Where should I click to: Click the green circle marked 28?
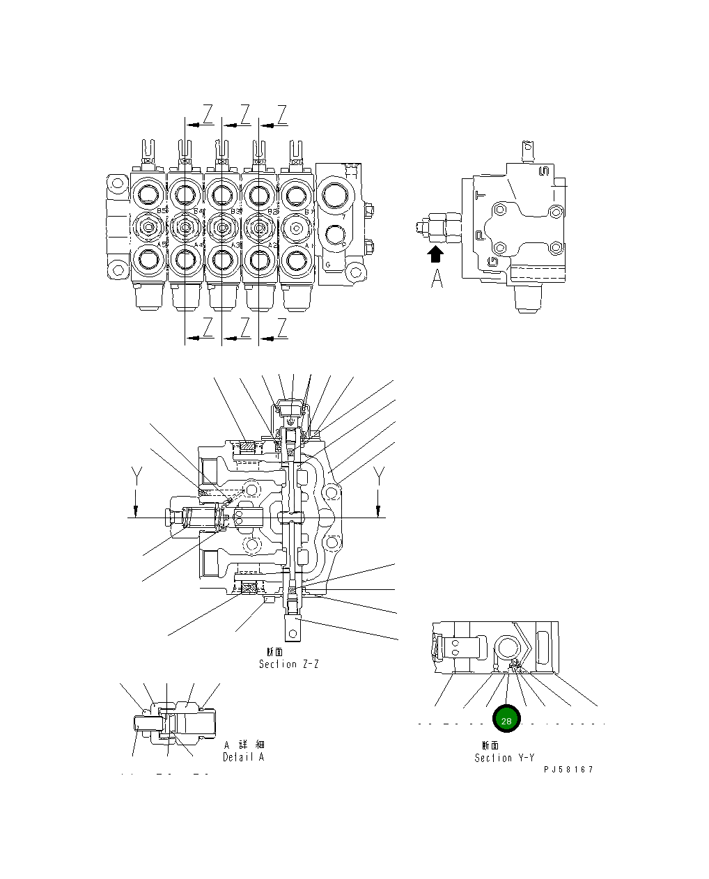(506, 719)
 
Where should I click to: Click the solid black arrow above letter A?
(436, 254)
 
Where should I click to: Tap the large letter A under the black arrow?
(437, 279)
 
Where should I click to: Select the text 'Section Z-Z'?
(288, 664)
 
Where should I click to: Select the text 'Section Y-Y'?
(504, 758)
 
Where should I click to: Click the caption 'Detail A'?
(243, 757)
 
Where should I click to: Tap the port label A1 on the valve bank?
(306, 245)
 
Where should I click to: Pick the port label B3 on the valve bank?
(235, 210)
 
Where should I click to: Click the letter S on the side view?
(545, 171)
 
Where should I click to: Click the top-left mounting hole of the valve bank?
(116, 186)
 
